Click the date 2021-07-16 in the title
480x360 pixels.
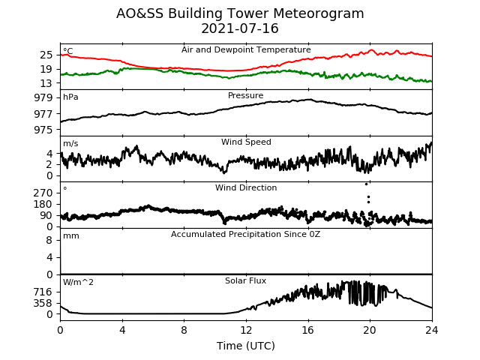pyautogui.click(x=240, y=28)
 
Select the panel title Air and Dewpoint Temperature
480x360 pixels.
pyautogui.click(x=246, y=50)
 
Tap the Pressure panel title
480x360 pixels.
pyautogui.click(x=245, y=95)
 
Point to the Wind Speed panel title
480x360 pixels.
pyautogui.click(x=246, y=142)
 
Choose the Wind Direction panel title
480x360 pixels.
pyautogui.click(x=246, y=187)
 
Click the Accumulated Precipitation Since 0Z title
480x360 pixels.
pyautogui.click(x=245, y=235)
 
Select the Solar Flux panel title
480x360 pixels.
pyautogui.click(x=245, y=280)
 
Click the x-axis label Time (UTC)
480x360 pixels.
pyautogui.click(x=246, y=346)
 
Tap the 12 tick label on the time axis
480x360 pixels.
pyautogui.click(x=246, y=330)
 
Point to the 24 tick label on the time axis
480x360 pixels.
pyautogui.click(x=432, y=330)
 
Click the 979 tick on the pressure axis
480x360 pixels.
pyautogui.click(x=43, y=98)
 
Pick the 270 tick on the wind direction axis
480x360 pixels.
pyautogui.click(x=43, y=193)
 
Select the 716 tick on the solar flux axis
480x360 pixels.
pyautogui.click(x=43, y=292)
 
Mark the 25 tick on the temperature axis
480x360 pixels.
pyautogui.click(x=46, y=55)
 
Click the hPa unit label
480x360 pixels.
pyautogui.click(x=70, y=97)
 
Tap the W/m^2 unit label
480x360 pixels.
pyautogui.click(x=78, y=282)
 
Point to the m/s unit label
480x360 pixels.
pyautogui.click(x=70, y=143)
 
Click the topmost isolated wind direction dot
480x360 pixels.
pyautogui.click(x=366, y=184)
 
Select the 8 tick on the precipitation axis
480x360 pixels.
pyautogui.click(x=49, y=240)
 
